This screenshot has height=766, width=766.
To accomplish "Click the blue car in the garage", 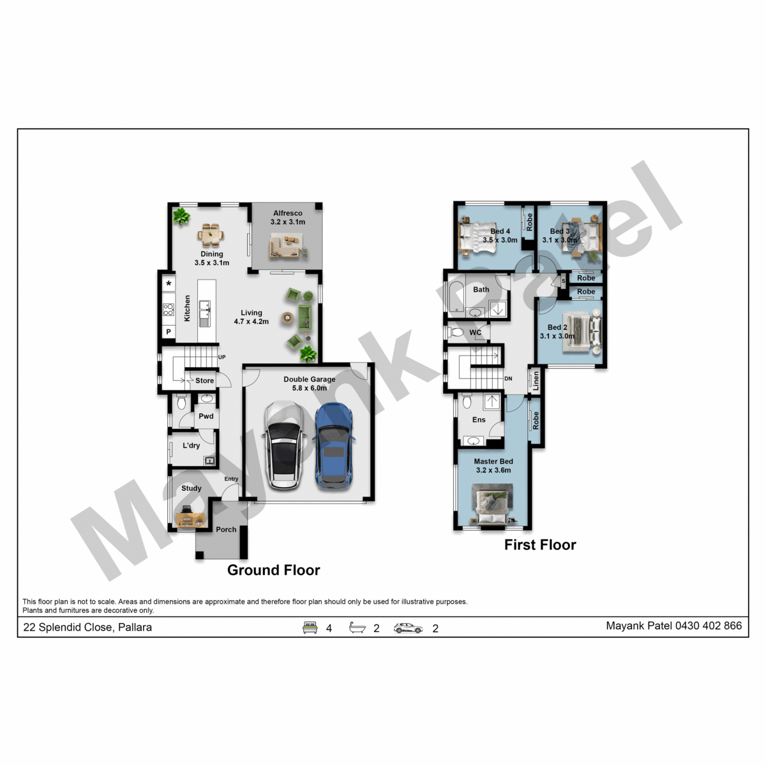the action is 333,446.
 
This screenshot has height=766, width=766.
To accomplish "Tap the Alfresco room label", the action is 287,213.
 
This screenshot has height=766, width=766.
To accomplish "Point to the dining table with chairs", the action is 210,234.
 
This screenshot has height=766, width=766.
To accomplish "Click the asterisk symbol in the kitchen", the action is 169,284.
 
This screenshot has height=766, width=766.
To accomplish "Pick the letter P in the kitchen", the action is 169,332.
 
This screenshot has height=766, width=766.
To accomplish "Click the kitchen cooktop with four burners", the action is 168,310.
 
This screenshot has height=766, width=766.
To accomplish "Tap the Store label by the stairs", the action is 204,381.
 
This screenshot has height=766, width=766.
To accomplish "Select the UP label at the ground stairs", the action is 222,357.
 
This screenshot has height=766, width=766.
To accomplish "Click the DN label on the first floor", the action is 508,379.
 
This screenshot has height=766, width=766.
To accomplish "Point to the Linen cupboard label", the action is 536,381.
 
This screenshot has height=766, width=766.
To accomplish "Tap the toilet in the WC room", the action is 456,333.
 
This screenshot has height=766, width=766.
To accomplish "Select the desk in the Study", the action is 190,518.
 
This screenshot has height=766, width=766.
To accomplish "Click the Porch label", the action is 226,529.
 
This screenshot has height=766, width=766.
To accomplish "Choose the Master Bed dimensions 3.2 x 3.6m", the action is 493,470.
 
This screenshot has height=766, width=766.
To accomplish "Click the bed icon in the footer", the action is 310,627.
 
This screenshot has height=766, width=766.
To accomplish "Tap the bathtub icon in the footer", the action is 357,627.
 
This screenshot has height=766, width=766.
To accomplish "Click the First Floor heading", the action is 540,545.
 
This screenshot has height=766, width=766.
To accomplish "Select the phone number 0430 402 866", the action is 709,626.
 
